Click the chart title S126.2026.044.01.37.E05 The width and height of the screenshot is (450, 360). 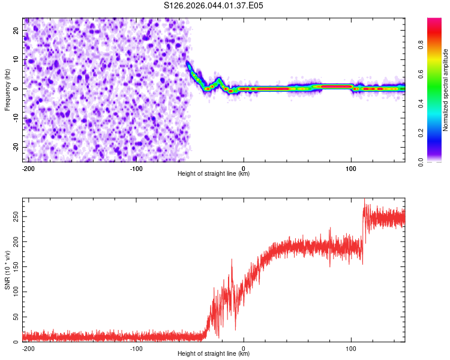(x=214, y=5)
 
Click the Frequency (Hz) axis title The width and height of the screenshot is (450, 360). (x=7, y=90)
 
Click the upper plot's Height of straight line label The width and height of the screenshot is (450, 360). (x=214, y=173)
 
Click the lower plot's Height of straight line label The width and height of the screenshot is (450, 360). (x=214, y=353)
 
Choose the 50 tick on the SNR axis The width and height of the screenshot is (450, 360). (x=16, y=317)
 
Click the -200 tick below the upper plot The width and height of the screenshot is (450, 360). (x=28, y=168)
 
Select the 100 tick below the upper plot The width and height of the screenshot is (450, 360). (x=351, y=168)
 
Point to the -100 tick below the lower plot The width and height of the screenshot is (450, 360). (x=136, y=348)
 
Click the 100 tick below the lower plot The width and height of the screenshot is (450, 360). (x=351, y=348)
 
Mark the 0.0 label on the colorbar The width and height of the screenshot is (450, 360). (x=422, y=161)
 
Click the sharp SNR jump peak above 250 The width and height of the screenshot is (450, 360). (x=364, y=200)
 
